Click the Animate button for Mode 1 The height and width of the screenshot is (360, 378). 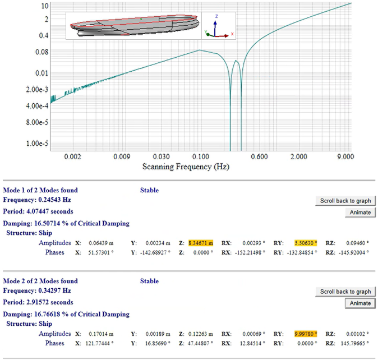click(x=359, y=213)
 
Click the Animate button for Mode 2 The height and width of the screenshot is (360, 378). click(x=359, y=303)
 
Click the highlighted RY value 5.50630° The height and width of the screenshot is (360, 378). click(x=306, y=243)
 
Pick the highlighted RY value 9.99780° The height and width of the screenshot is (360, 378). click(x=306, y=334)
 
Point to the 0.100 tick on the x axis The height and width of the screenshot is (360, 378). click(x=200, y=156)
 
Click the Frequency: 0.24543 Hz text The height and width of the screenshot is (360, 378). click(x=37, y=200)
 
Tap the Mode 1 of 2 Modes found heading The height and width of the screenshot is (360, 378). click(x=40, y=190)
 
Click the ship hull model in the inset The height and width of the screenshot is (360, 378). click(x=135, y=25)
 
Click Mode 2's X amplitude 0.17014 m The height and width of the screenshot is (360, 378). click(x=101, y=334)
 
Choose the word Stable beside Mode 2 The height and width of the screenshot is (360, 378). click(x=149, y=281)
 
